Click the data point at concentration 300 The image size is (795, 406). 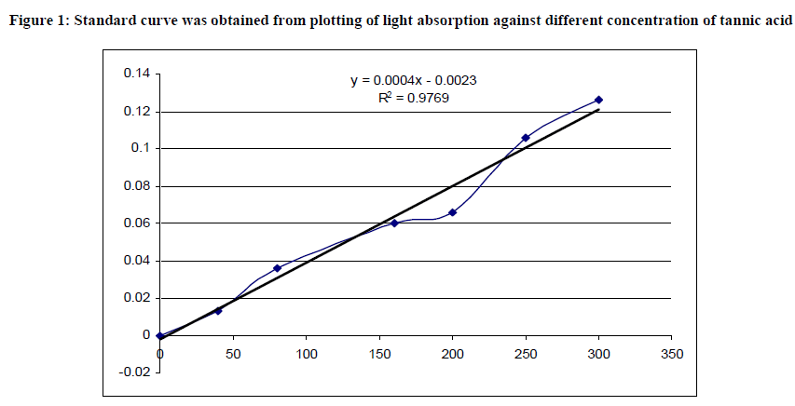pyautogui.click(x=598, y=100)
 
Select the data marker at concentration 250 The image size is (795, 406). pyautogui.click(x=526, y=138)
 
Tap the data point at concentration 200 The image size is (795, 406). pyautogui.click(x=453, y=212)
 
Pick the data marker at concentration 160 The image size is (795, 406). pyautogui.click(x=394, y=223)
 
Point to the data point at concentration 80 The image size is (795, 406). pyautogui.click(x=277, y=268)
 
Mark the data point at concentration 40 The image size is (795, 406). pyautogui.click(x=218, y=310)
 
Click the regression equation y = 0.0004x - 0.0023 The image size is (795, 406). pyautogui.click(x=415, y=81)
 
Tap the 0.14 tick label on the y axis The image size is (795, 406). pyautogui.click(x=136, y=74)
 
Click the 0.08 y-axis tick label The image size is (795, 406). pyautogui.click(x=136, y=185)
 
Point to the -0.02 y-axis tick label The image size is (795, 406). pyautogui.click(x=134, y=372)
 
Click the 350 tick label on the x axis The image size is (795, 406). pyautogui.click(x=671, y=354)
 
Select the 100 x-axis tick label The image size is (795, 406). pyautogui.click(x=307, y=354)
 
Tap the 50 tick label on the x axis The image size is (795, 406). pyautogui.click(x=234, y=354)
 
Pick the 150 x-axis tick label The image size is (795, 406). pyautogui.click(x=379, y=354)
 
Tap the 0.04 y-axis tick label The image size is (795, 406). pyautogui.click(x=136, y=260)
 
